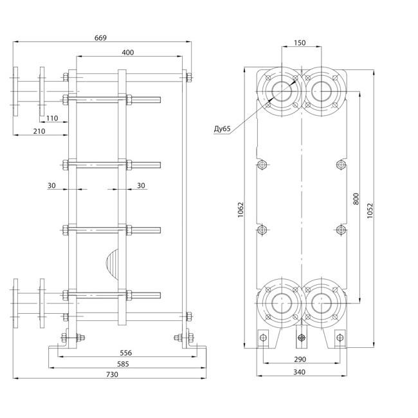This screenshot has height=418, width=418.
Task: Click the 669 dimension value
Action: point(100,38)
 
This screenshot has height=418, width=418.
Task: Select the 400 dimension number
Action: point(128,53)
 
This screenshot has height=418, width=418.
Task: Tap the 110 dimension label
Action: point(52,118)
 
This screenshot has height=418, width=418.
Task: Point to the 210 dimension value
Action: point(39,131)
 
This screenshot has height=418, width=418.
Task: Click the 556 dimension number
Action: point(125,353)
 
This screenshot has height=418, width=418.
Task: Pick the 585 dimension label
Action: point(123,364)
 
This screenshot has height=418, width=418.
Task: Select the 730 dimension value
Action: point(112,374)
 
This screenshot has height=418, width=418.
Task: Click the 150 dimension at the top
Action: point(300,42)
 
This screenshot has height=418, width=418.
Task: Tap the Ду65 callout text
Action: point(222,129)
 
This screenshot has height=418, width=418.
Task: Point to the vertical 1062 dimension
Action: point(241,210)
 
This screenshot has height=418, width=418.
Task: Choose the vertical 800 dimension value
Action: point(356,199)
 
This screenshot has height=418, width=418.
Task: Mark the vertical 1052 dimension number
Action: point(370,211)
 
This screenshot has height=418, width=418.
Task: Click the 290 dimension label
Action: point(300,359)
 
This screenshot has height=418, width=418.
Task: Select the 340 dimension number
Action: point(300,372)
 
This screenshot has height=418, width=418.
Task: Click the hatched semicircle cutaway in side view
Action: point(113,264)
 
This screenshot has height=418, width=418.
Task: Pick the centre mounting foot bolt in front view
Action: point(302,338)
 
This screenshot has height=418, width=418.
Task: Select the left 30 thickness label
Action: point(51,185)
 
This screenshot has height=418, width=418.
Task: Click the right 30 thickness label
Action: point(141,185)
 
